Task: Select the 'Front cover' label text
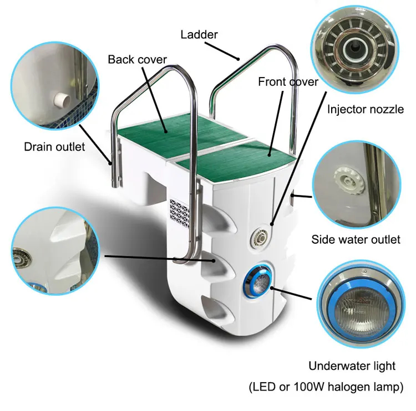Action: pos(288,82)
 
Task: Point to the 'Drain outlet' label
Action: pos(54,147)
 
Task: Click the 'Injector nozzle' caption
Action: pos(365,109)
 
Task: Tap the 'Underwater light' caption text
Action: pos(353,366)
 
